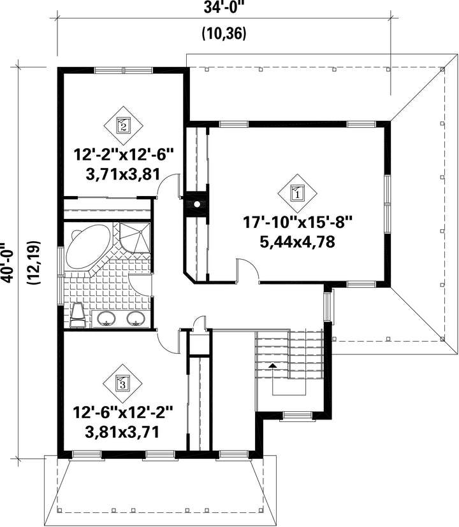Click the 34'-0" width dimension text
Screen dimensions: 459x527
tap(224, 8)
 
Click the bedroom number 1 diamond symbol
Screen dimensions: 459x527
tap(297, 193)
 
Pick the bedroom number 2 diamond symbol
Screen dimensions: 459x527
tap(123, 125)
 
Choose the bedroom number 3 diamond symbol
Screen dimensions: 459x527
tap(122, 383)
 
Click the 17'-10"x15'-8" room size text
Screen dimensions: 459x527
tap(297, 222)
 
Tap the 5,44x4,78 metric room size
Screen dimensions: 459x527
tap(297, 242)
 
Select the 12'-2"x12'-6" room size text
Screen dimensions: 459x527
tap(123, 155)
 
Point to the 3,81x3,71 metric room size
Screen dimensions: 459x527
tap(122, 432)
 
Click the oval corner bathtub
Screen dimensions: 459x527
tap(88, 247)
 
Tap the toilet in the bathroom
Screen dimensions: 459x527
tap(78, 315)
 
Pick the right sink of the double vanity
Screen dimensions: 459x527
tap(136, 318)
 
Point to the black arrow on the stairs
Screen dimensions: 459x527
tap(273, 365)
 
